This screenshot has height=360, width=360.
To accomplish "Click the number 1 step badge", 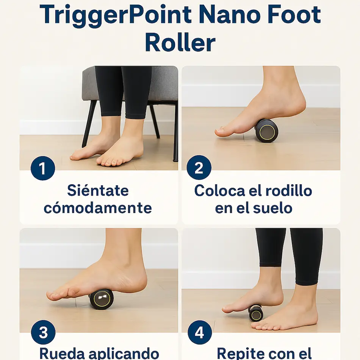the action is tap(43, 168).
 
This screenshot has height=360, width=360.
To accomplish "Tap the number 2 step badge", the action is tap(199, 167).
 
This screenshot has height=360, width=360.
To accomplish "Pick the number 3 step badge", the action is tap(43, 332).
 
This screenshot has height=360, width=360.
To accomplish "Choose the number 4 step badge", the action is tap(199, 332).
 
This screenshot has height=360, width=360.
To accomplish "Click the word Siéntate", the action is tap(98, 190).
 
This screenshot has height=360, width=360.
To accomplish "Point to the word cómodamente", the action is tap(98, 208).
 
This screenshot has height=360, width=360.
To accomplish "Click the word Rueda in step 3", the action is tap(62, 354).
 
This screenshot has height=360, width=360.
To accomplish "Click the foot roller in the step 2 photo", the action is tap(266, 131).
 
